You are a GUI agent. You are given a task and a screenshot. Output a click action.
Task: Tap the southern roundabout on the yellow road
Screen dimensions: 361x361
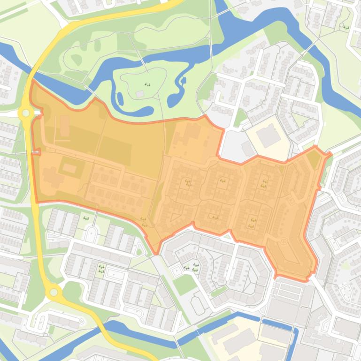click(x=53, y=293)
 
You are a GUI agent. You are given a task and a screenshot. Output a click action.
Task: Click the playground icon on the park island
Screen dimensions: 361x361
click(x=147, y=84)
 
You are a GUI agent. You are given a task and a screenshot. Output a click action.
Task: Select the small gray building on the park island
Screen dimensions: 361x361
click(x=139, y=94)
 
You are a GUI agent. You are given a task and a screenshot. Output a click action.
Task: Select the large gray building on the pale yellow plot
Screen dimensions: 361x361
click(x=269, y=135)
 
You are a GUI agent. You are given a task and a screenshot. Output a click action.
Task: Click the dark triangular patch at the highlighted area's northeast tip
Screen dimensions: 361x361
click(x=314, y=160)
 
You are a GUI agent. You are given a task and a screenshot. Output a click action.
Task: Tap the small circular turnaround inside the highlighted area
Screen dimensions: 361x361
click(x=283, y=241)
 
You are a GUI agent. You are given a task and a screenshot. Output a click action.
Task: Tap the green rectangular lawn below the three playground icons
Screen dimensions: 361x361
click(x=185, y=284)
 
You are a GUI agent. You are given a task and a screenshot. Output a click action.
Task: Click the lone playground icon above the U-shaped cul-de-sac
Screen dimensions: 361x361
click(x=85, y=218)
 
